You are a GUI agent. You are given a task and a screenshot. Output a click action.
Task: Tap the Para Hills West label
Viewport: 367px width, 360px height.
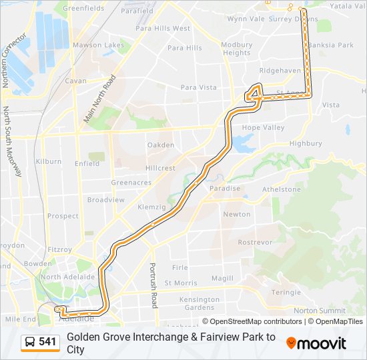[163, 29]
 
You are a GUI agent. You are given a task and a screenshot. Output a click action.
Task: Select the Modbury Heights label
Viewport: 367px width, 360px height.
[237, 49]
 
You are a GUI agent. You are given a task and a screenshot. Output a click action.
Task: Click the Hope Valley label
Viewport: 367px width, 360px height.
[263, 127]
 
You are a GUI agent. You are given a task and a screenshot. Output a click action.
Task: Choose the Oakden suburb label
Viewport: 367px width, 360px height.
[161, 145]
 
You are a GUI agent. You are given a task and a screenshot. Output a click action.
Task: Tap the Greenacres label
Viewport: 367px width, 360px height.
[127, 182]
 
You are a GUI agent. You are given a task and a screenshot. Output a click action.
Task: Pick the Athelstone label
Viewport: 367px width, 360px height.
[281, 189]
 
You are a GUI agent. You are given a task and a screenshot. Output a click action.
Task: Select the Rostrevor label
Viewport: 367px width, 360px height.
[254, 242]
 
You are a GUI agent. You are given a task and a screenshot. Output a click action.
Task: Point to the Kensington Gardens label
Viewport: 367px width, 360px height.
[200, 303]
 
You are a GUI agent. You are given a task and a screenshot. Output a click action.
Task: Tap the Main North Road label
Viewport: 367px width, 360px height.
[99, 98]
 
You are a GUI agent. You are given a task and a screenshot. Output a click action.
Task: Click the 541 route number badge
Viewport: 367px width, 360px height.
[47, 342]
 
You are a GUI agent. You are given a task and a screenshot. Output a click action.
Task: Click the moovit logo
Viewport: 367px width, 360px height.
[316, 343]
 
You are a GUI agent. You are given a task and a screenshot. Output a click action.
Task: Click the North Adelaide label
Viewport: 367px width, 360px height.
[67, 277]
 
